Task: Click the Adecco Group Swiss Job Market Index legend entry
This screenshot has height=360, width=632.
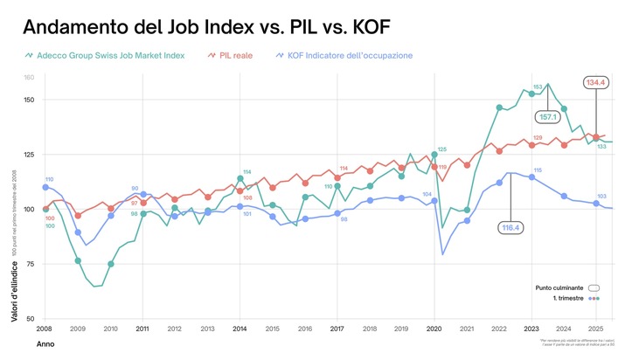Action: click(110, 55)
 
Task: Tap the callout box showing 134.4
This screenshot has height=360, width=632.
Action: click(596, 82)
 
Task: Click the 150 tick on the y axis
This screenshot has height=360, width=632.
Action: click(28, 100)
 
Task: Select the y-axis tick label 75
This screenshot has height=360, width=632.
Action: click(29, 264)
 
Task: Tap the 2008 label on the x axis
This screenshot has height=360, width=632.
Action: click(45, 329)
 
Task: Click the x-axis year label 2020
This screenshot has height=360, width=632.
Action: click(434, 329)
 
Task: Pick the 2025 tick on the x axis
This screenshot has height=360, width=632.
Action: click(597, 329)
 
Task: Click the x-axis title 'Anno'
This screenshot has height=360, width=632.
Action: click(45, 345)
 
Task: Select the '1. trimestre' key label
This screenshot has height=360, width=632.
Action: click(564, 299)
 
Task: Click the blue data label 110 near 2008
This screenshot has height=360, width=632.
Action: click(49, 179)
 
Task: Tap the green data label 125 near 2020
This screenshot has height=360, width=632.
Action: click(442, 149)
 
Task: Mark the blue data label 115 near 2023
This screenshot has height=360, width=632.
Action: click(538, 170)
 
